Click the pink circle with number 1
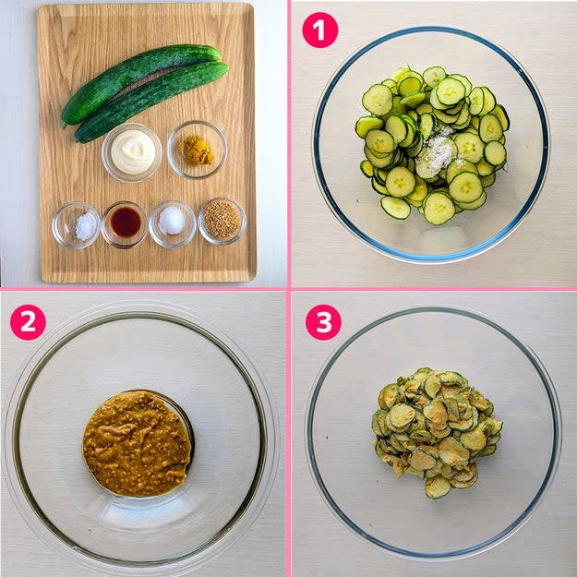point(320,30)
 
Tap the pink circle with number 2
point(28,322)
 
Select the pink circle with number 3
point(323,322)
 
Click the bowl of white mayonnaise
point(132,152)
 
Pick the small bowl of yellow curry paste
point(197,150)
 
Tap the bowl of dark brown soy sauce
point(125,224)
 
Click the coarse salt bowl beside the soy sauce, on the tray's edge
point(77,225)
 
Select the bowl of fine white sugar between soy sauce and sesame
point(173,223)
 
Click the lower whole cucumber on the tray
point(150,102)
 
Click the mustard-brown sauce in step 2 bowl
point(137,443)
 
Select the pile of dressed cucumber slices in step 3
point(437,432)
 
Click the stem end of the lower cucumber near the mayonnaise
point(78,137)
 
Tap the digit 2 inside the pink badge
point(28,322)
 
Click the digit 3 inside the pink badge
point(323,322)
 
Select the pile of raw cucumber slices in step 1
point(432,145)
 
